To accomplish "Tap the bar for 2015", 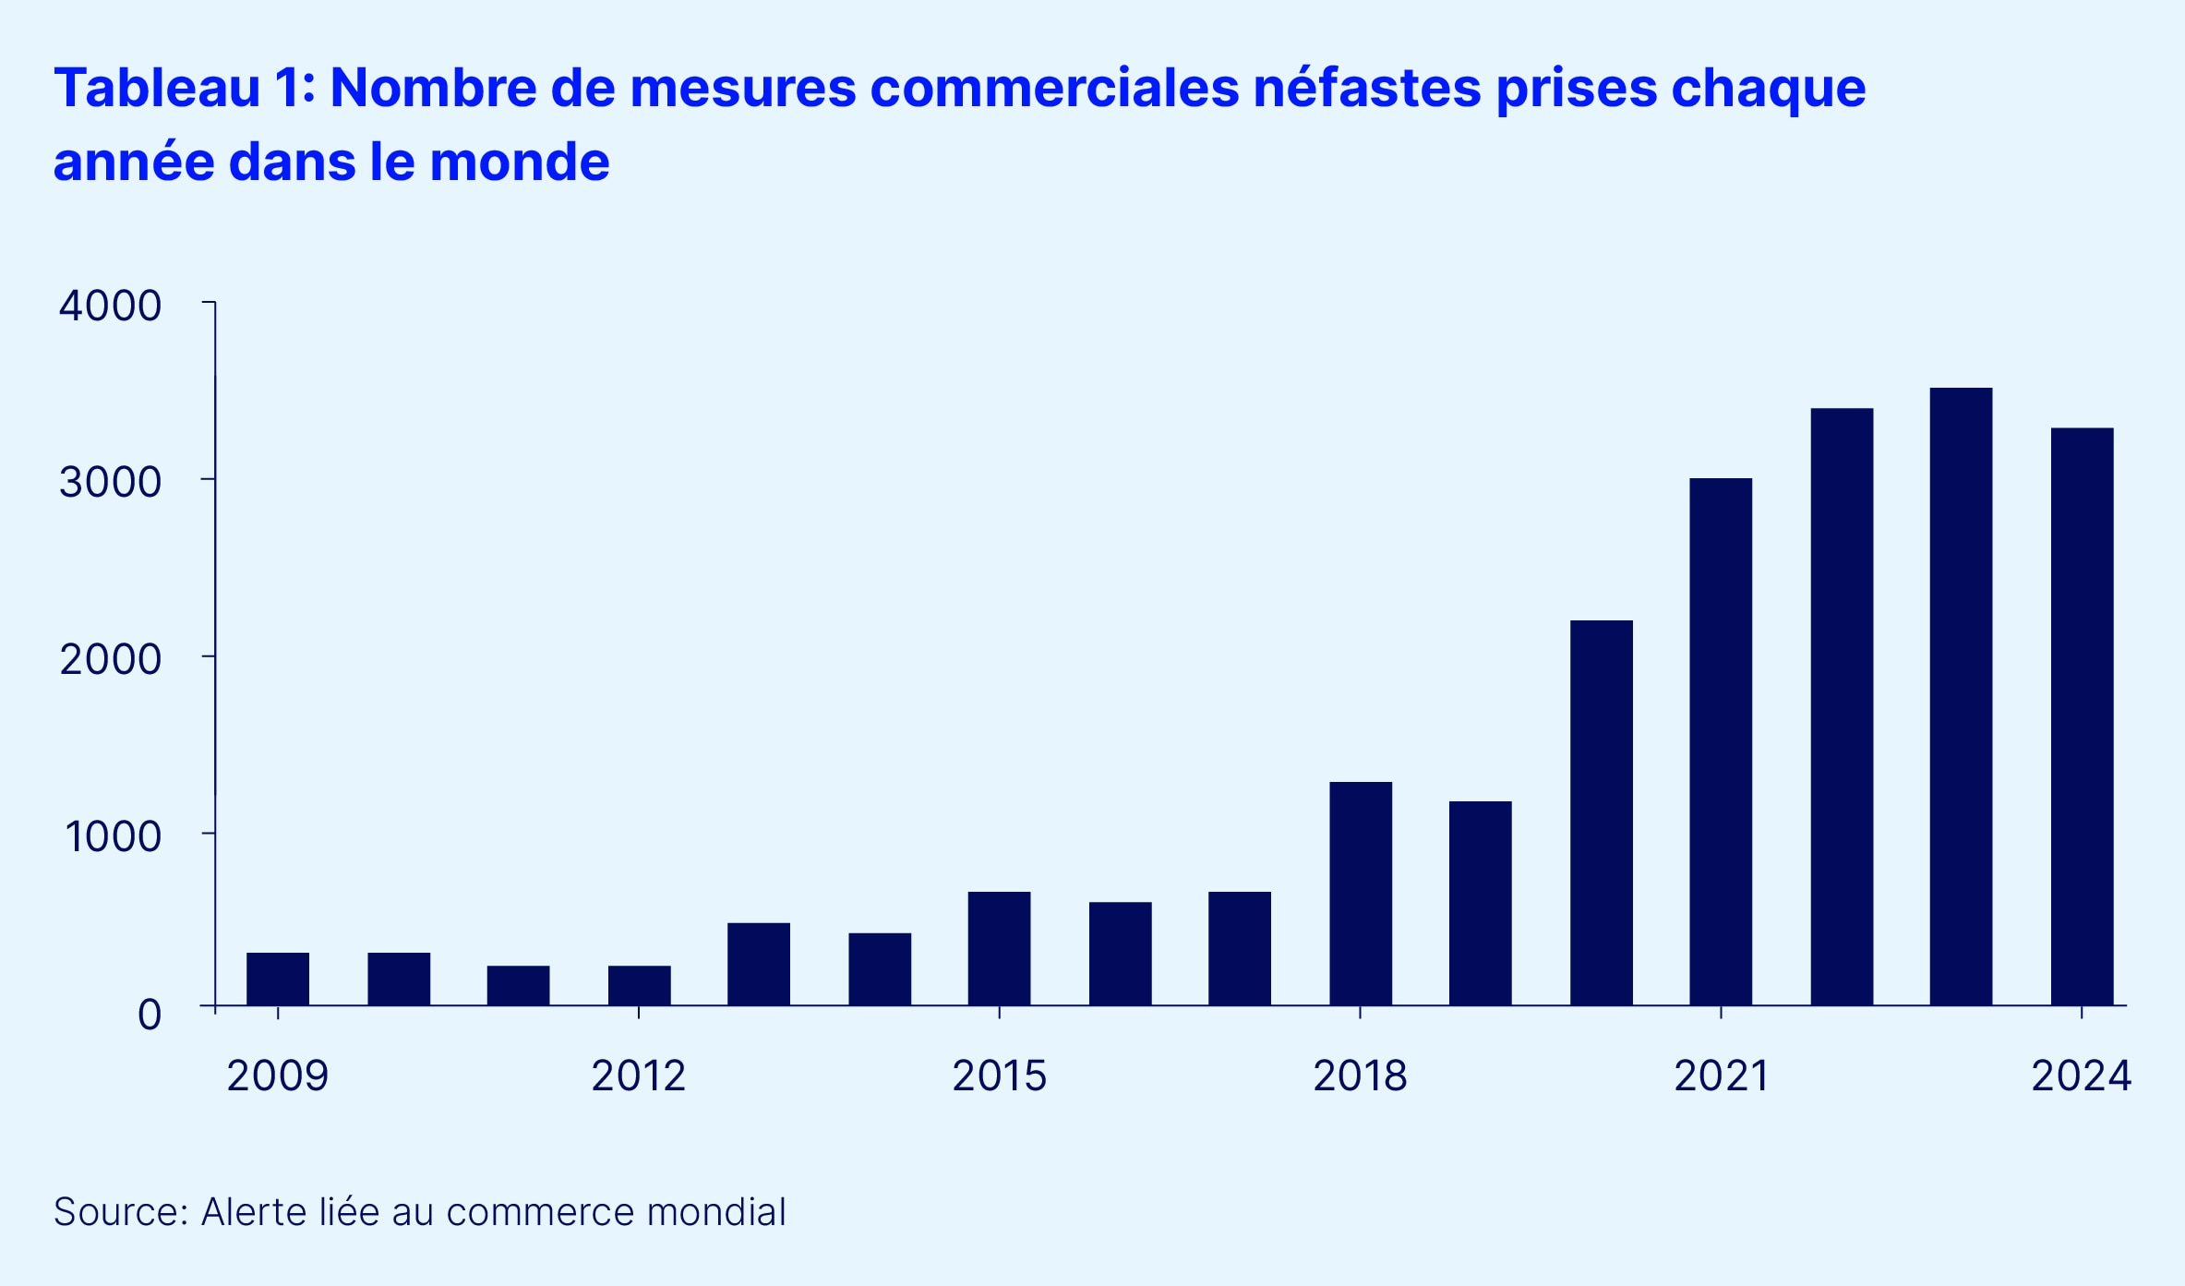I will click(x=999, y=948).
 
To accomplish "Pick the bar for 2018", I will click(x=1361, y=894).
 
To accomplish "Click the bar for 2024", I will click(x=2082, y=716).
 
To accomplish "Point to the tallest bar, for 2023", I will click(x=1961, y=696).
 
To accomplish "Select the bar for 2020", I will click(x=1602, y=812).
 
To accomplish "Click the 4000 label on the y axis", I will click(x=110, y=306).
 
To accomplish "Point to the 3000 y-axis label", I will click(x=110, y=482).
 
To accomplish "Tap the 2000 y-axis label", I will click(x=110, y=659).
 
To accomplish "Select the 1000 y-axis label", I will click(x=113, y=836).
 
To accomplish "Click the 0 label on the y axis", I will click(x=150, y=1015).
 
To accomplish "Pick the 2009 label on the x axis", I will click(x=278, y=1076).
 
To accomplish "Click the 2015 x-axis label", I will click(x=999, y=1076).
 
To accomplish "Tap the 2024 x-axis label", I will click(x=2081, y=1076).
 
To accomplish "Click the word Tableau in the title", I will click(x=157, y=89).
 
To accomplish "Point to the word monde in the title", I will click(x=520, y=162).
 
